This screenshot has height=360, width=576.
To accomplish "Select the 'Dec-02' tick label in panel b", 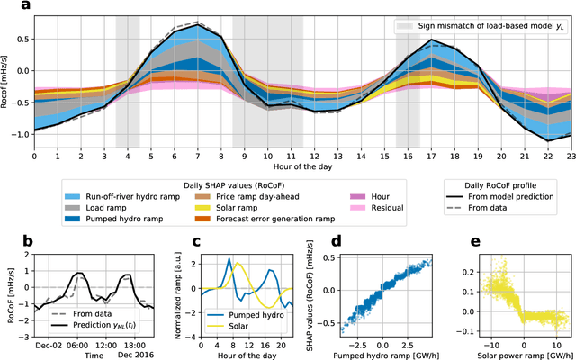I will click(46, 344).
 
